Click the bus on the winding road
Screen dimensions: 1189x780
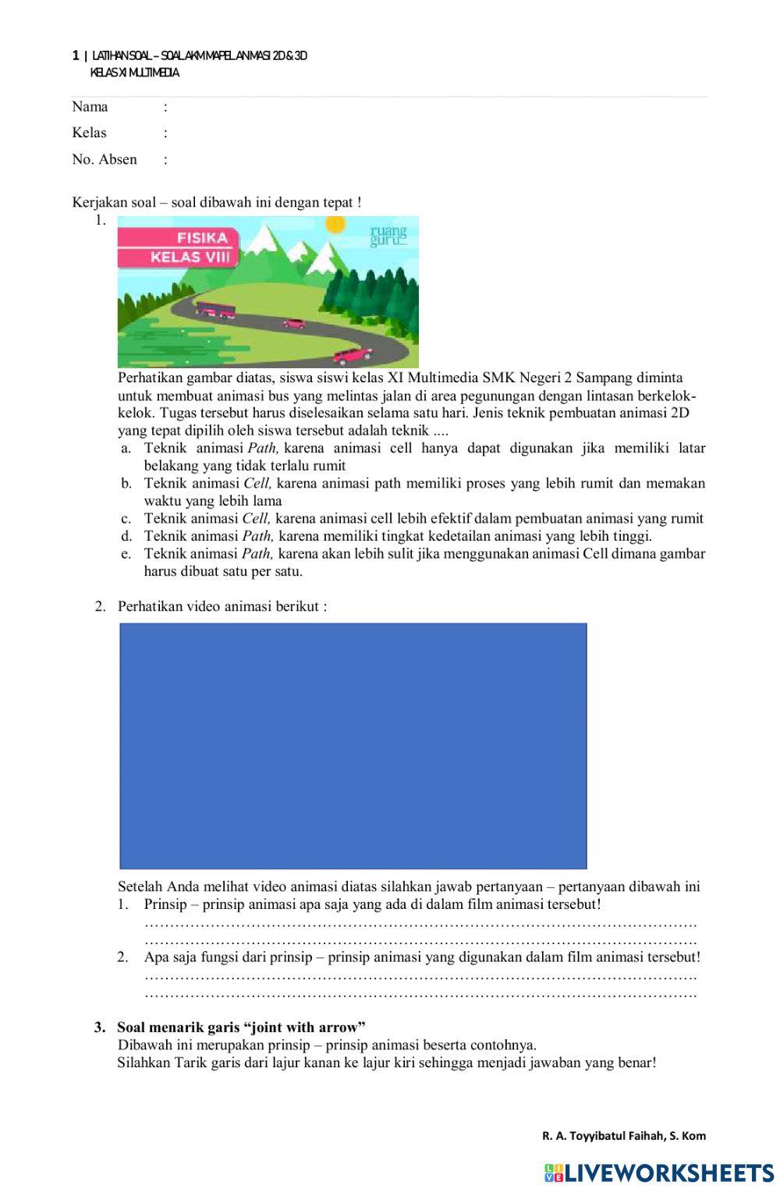pos(215,310)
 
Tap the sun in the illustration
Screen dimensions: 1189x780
pos(335,225)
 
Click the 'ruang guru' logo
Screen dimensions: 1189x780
pos(388,236)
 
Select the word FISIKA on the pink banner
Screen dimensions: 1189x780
pos(202,238)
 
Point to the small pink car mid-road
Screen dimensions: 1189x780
pos(293,323)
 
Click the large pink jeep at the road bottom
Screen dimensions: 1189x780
pos(353,355)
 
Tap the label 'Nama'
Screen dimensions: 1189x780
pos(90,107)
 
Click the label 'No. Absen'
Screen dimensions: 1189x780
pos(104,159)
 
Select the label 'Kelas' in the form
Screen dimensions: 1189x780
pos(89,133)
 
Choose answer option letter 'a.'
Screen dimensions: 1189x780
pos(126,449)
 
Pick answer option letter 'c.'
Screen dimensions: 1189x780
pos(126,519)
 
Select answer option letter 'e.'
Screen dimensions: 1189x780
pos(126,554)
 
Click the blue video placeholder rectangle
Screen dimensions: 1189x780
pos(353,745)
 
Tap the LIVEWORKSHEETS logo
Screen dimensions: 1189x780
pos(658,1172)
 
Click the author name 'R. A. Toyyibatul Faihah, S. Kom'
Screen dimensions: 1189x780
pos(623,1136)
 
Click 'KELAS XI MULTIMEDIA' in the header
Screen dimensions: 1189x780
pos(134,73)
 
